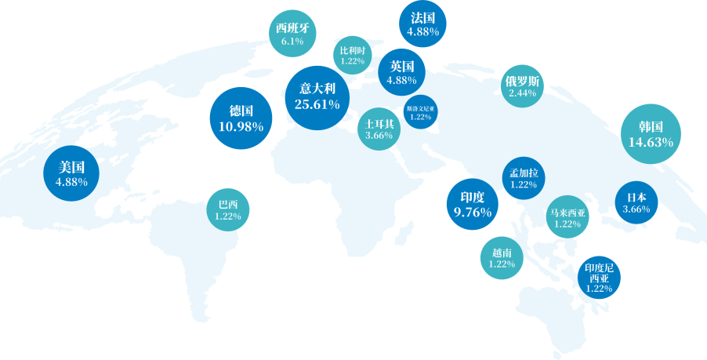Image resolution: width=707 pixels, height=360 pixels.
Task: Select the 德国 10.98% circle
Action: click(241, 118)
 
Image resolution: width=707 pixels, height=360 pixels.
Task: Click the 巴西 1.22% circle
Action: click(227, 209)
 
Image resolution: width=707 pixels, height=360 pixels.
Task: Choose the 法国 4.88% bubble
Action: click(423, 24)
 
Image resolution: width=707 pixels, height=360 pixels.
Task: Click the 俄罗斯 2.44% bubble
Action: click(522, 86)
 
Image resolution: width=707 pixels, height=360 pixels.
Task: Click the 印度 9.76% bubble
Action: click(473, 204)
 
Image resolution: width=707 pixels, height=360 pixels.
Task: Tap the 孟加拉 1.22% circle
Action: click(523, 178)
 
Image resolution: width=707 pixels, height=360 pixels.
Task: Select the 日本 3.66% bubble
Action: click(636, 202)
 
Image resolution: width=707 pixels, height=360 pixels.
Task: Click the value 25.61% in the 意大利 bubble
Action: click(317, 104)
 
